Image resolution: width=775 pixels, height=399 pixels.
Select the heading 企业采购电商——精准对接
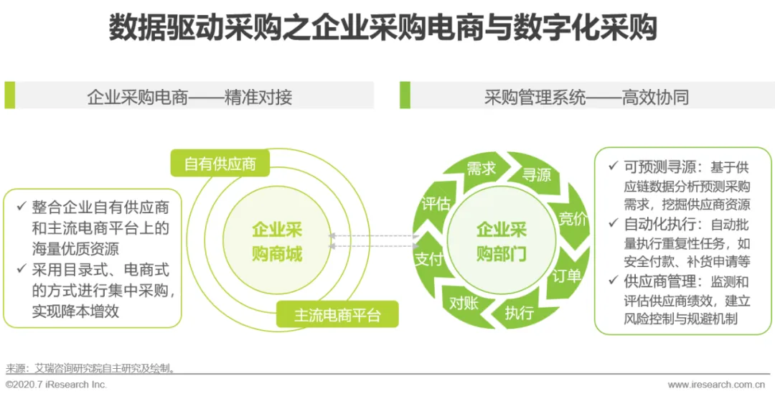(x=189, y=97)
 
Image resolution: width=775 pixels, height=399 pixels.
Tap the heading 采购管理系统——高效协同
(x=586, y=97)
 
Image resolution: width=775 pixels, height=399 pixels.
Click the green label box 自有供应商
(x=220, y=164)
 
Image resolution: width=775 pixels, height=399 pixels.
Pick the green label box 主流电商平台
(x=337, y=315)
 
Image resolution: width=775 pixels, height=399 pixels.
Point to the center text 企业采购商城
(x=277, y=241)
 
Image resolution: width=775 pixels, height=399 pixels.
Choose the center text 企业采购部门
(x=502, y=241)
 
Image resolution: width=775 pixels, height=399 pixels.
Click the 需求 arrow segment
(x=481, y=169)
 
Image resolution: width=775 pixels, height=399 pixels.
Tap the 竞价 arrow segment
(x=572, y=218)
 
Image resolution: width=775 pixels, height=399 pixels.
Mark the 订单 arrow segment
(x=566, y=275)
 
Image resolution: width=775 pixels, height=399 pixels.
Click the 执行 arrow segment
(x=519, y=313)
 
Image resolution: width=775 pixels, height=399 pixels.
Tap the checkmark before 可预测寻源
(x=612, y=166)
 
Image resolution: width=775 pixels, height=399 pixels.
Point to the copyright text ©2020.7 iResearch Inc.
(x=56, y=385)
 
